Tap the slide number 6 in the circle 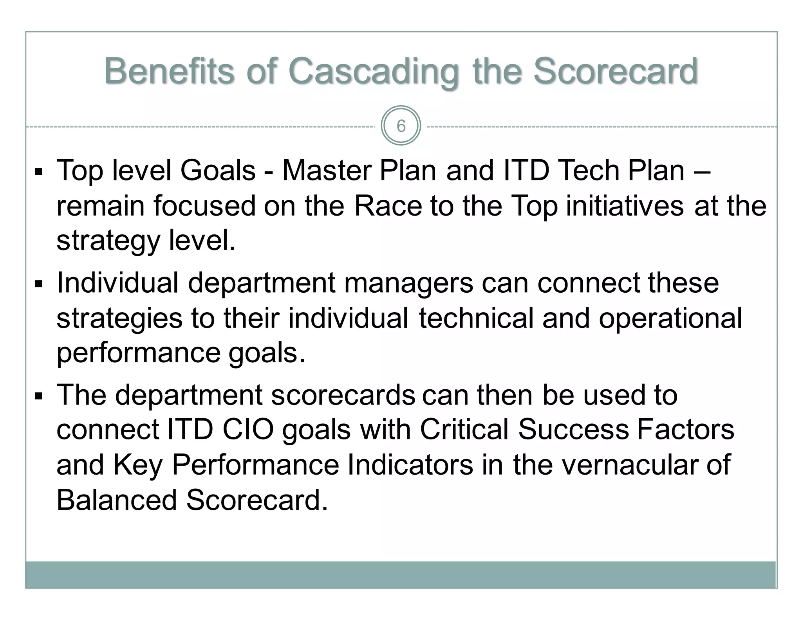[x=401, y=126]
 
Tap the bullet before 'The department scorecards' [x=38, y=396]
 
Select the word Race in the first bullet [x=388, y=206]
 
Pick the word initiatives [x=625, y=206]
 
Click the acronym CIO [x=248, y=430]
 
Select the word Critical [x=464, y=430]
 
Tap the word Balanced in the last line [x=117, y=500]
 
